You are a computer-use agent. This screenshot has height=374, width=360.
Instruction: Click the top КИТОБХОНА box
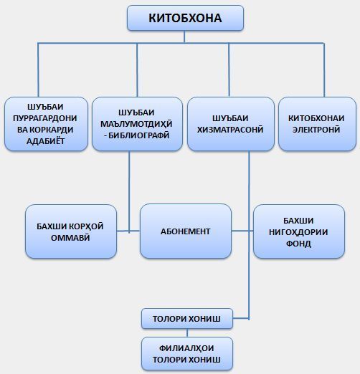185,18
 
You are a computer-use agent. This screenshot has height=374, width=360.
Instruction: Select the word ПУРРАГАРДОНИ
45,118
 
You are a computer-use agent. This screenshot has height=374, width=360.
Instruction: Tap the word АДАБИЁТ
45,141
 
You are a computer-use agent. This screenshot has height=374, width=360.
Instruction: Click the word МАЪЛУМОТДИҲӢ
136,124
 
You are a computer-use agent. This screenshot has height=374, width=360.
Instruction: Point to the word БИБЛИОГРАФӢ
139,135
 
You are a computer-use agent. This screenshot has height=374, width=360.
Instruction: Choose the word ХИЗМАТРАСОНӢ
230,130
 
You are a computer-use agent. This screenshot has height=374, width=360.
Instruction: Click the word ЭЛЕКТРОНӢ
316,130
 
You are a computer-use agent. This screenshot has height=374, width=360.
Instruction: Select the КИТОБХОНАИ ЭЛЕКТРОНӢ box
318,124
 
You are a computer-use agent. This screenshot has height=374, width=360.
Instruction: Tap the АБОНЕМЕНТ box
186,231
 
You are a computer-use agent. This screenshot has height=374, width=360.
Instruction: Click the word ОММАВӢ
70,238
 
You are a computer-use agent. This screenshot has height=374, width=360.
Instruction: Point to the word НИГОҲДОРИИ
298,232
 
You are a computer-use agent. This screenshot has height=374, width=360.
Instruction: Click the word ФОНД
298,244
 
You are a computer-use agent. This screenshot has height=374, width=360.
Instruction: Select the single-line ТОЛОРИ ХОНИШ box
187,319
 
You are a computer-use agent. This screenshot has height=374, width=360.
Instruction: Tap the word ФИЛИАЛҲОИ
186,348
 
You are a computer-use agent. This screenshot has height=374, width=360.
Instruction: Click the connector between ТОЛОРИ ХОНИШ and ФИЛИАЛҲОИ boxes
187,333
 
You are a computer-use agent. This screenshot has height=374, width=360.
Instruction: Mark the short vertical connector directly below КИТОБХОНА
184,37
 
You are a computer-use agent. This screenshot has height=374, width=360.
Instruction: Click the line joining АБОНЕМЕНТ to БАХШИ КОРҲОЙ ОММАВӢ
128,231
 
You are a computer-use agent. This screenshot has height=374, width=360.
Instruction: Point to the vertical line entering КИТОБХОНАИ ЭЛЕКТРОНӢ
324,70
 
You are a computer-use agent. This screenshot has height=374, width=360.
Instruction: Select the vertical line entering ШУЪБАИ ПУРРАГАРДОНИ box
38,70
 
